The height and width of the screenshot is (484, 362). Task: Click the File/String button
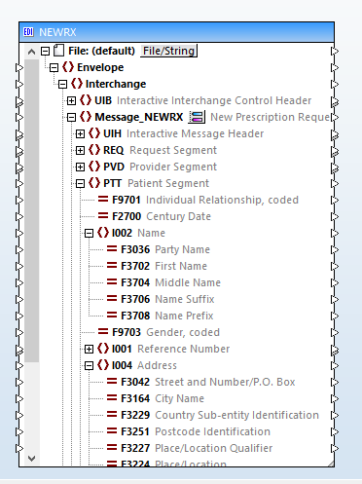click(168, 51)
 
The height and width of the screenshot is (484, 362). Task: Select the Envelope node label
click(100, 67)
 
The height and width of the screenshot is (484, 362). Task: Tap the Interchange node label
click(115, 84)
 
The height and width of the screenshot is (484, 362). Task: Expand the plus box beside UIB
click(71, 100)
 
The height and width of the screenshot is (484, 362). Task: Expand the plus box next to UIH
click(80, 133)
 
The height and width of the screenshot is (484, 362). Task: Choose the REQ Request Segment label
click(146, 150)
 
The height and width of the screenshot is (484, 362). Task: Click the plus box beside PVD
click(80, 167)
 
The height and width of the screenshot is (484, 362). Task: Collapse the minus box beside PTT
click(80, 183)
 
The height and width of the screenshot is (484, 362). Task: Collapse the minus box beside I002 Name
click(89, 233)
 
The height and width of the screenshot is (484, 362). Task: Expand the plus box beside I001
click(89, 349)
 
